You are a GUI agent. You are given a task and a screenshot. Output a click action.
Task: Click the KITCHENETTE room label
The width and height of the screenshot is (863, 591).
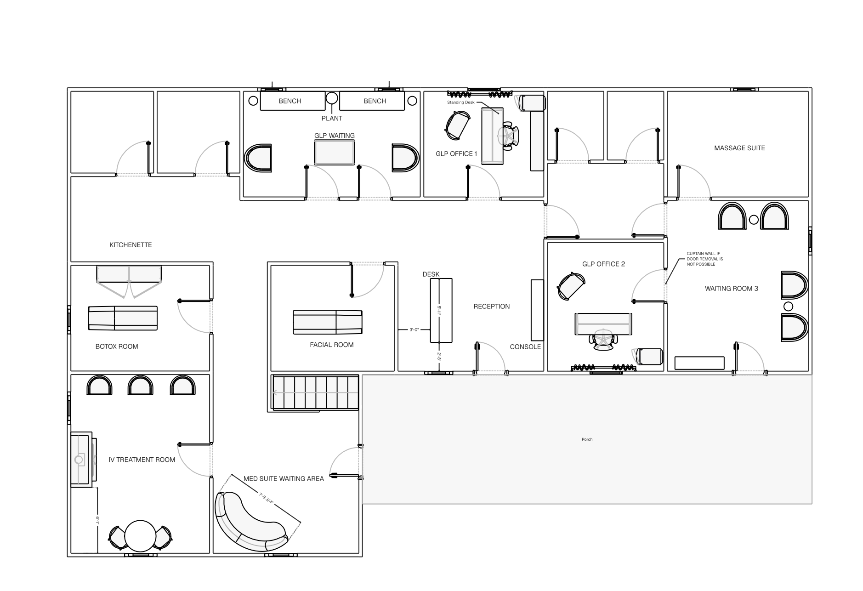point(131,245)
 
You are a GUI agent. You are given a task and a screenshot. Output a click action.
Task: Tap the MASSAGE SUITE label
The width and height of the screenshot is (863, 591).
point(739,148)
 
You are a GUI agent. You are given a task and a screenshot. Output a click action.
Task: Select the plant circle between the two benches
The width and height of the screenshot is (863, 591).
point(332,98)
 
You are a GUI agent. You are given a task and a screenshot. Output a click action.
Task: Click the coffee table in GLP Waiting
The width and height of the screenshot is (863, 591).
point(335,152)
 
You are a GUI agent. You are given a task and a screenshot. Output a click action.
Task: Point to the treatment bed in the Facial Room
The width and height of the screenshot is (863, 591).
point(328,322)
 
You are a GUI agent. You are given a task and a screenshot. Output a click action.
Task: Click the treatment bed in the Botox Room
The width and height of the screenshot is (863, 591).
point(123,318)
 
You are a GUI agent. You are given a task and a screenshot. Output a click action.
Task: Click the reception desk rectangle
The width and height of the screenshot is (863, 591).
point(441,310)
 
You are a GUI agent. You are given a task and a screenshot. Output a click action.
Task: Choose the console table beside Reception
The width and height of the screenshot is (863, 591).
point(537,310)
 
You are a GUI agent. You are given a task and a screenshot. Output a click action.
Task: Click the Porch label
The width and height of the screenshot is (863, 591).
point(587,439)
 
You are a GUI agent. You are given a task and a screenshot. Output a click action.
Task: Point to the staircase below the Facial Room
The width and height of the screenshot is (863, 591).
point(316,392)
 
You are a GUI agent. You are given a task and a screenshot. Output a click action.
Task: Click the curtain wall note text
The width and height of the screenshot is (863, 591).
point(705,259)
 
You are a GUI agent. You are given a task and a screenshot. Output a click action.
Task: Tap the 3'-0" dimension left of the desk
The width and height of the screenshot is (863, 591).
point(414,330)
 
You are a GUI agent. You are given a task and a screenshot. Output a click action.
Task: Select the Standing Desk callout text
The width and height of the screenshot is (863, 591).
point(461,102)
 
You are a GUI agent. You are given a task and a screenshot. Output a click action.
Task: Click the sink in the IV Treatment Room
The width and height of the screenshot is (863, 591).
point(79,459)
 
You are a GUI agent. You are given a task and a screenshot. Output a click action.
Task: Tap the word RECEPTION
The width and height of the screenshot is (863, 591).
point(492,307)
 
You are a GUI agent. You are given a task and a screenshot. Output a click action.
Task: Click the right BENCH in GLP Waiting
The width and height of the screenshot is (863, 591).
point(372,101)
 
